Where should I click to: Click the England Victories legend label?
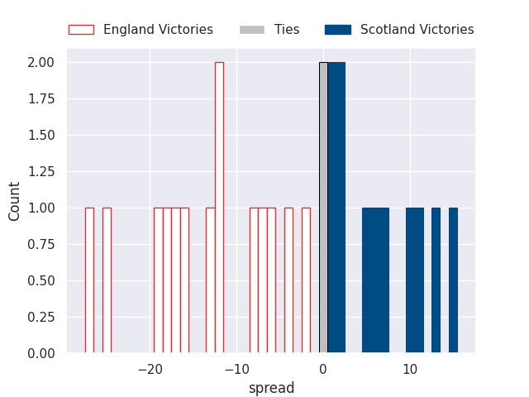coord(158,30)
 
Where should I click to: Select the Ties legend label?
coord(287,30)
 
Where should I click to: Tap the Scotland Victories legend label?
coord(417,30)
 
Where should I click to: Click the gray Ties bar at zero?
coord(323,208)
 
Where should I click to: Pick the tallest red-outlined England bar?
coord(219,208)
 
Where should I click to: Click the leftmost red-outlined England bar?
coord(89,280)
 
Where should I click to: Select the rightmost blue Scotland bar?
coord(453,280)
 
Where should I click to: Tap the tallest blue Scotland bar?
coord(336,208)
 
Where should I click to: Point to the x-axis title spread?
coord(271,388)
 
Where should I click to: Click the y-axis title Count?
coord(15,201)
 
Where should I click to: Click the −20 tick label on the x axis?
coord(150,369)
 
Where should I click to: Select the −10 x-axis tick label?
coord(236,369)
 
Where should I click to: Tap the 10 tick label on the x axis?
coord(410,369)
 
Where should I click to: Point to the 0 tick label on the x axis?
coord(323,369)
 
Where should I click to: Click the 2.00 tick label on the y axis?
coord(41,63)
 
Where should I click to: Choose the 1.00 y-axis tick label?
coord(41,208)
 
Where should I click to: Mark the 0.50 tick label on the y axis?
coord(41,280)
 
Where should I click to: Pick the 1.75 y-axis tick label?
coord(41,99)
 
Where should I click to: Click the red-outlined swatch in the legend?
coord(81,30)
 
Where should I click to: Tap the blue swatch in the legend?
coord(338,30)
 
